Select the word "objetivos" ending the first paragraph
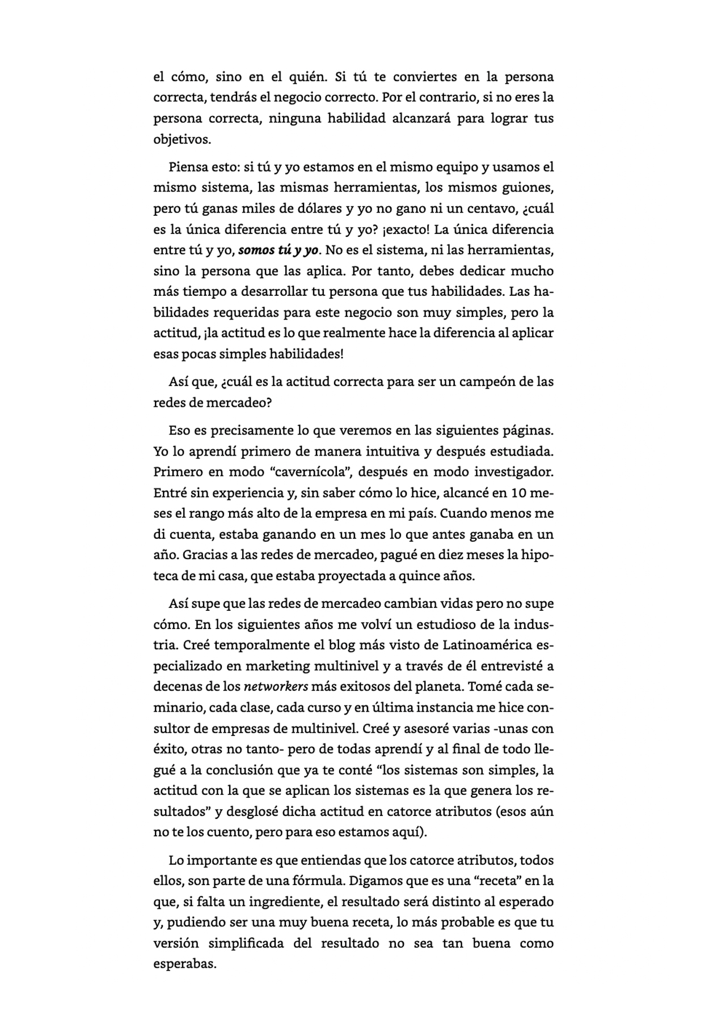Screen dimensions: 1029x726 tap(181, 139)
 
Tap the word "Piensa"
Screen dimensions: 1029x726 tap(188, 167)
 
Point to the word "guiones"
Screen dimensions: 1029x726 tap(528, 188)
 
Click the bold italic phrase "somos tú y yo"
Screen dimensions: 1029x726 tap(278, 250)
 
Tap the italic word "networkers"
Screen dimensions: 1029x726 tap(276, 687)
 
